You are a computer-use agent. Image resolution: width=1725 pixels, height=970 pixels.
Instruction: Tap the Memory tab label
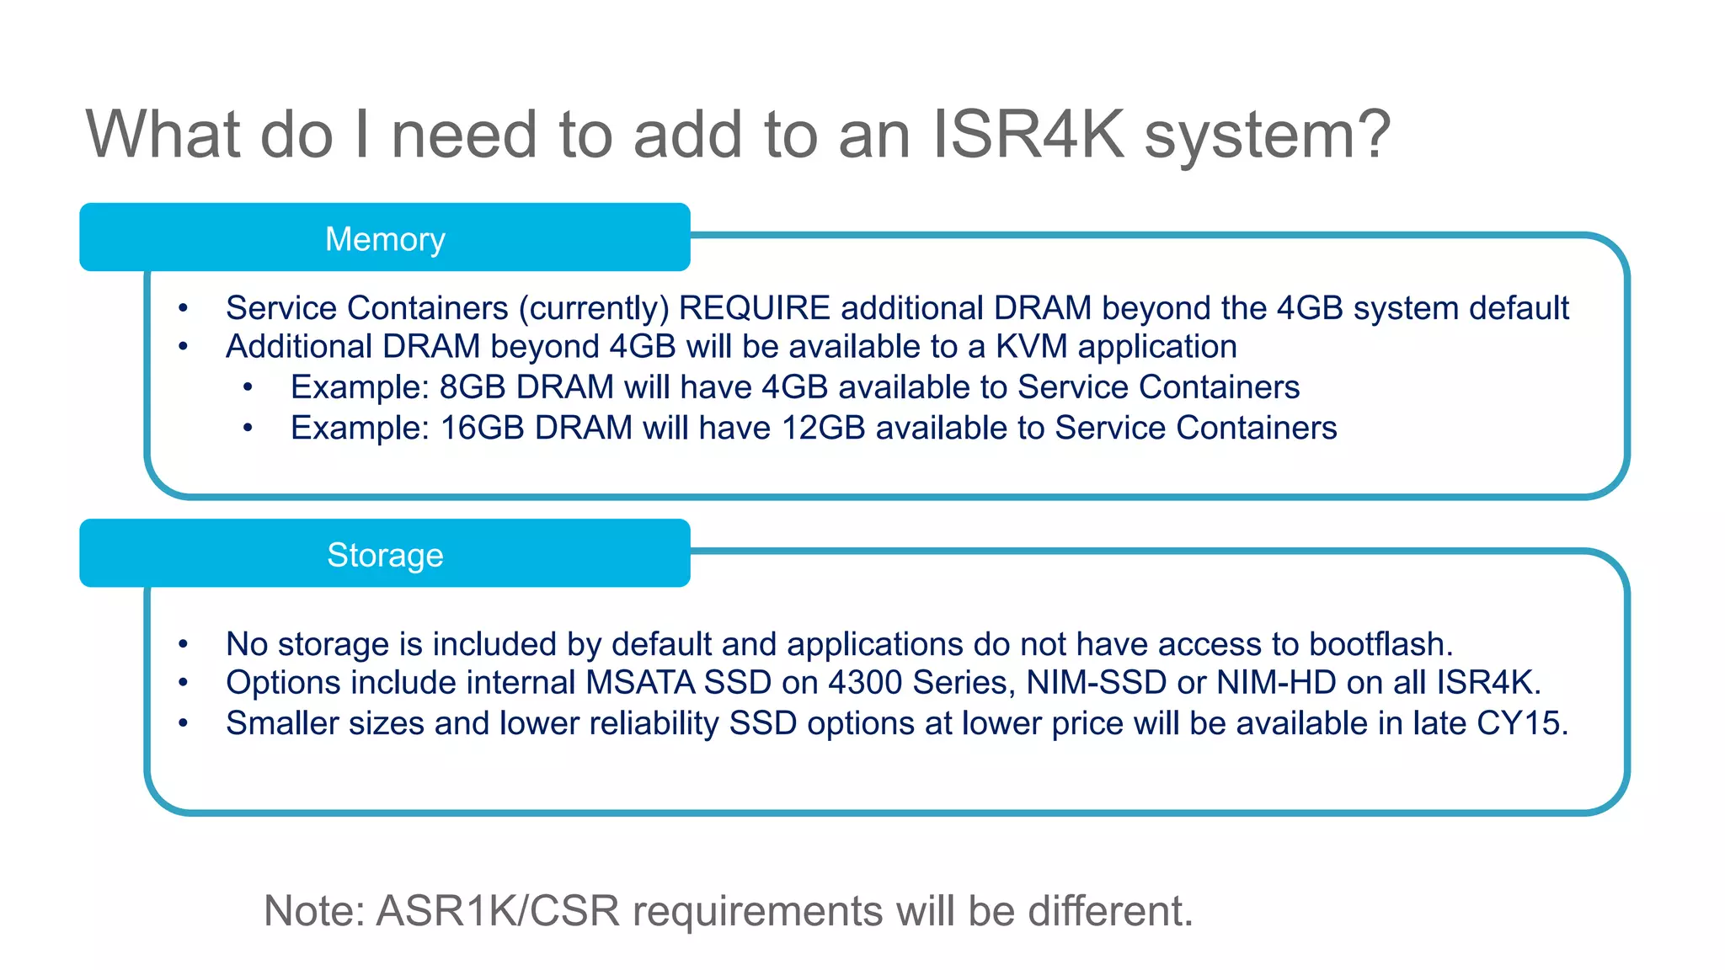tap(385, 239)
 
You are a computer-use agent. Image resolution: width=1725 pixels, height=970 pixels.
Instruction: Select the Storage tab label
tap(385, 556)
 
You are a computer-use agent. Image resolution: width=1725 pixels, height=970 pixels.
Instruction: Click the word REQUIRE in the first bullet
tap(754, 308)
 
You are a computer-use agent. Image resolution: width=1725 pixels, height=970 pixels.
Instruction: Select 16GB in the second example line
tap(482, 428)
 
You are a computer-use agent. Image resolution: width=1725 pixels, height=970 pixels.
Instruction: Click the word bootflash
tap(1381, 644)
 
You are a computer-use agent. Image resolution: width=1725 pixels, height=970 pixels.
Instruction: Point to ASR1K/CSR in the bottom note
tap(498, 911)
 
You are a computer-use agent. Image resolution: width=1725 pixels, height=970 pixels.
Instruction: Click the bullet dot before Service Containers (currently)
tap(183, 308)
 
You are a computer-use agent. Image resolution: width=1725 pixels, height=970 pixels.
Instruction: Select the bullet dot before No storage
tap(183, 645)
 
